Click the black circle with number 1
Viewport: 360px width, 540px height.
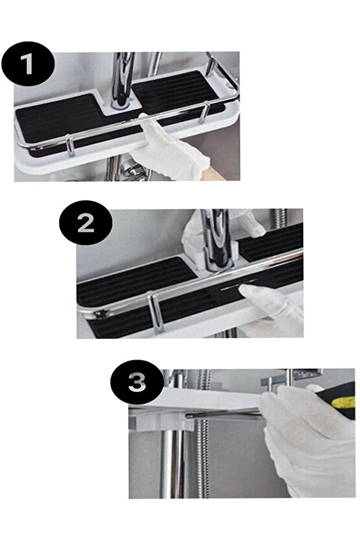(28, 64)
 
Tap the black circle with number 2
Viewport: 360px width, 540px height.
(86, 223)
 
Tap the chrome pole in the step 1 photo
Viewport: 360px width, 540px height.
(123, 80)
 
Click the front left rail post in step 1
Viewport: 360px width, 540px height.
(70, 147)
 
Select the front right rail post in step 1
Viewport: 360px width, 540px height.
(204, 112)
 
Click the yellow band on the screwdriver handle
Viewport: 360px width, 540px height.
(345, 402)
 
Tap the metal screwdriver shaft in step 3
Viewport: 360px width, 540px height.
(224, 415)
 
